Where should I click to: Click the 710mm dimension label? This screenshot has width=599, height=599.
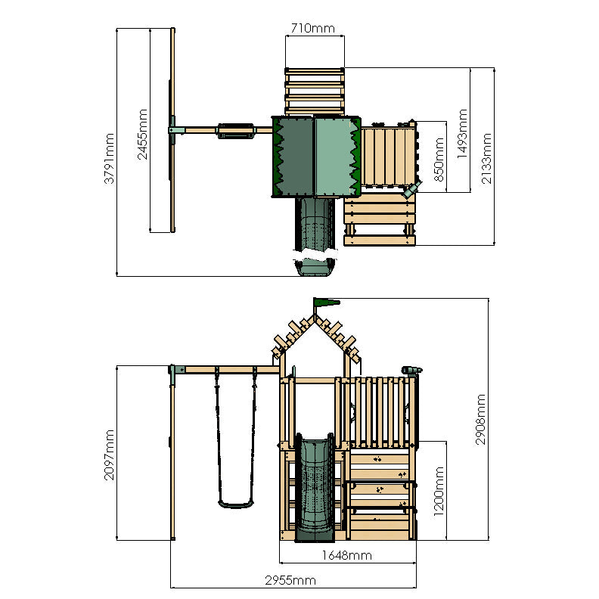[313, 29]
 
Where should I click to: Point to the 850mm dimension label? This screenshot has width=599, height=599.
[437, 156]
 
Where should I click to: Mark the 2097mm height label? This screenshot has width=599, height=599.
[110, 452]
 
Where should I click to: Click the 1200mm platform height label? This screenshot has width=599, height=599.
[439, 490]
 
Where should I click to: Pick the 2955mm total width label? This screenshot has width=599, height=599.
[292, 580]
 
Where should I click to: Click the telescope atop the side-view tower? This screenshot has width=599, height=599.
[411, 369]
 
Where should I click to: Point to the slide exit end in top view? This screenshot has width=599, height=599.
[314, 267]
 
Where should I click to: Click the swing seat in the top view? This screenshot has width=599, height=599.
[234, 131]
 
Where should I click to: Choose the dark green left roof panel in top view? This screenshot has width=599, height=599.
[293, 157]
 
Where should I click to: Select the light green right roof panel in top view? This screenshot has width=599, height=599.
[335, 157]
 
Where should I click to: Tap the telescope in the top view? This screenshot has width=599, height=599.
[413, 188]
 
